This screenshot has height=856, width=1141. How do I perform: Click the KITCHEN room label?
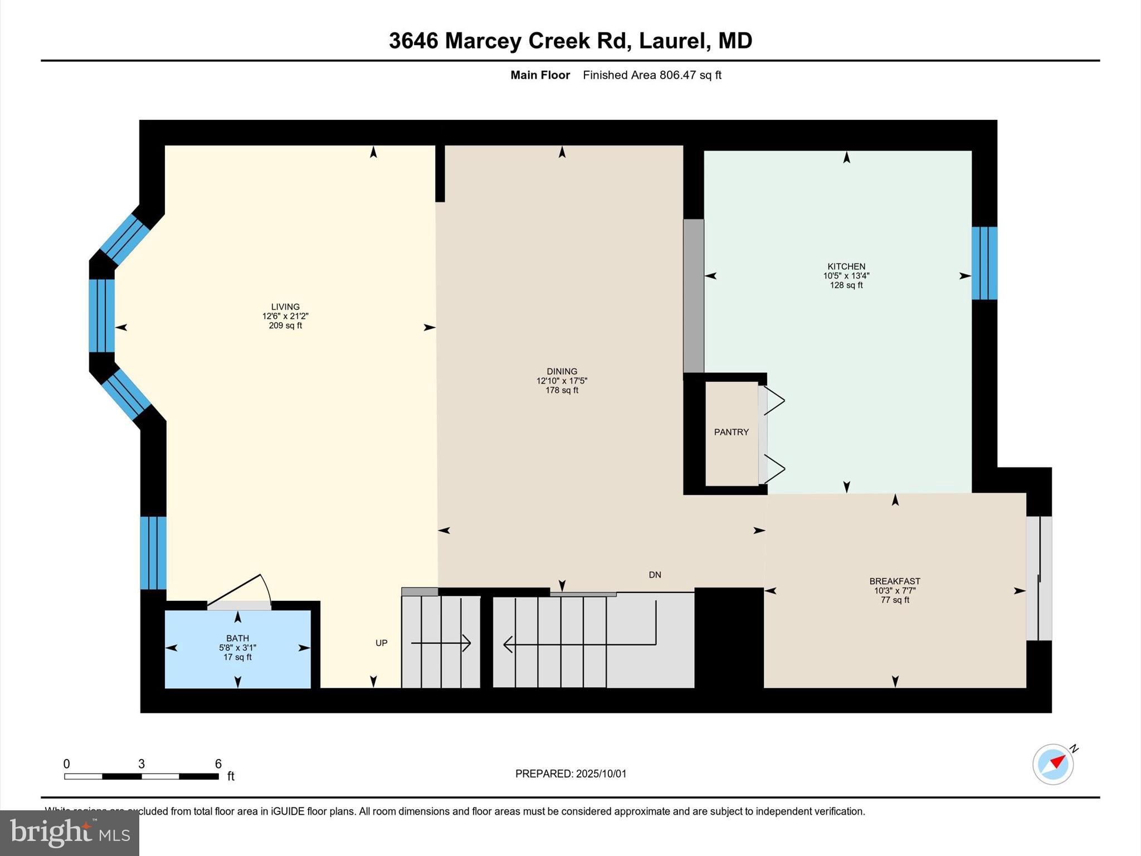tap(846, 266)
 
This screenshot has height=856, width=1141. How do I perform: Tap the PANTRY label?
tap(731, 432)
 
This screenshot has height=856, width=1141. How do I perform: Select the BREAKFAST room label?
tap(894, 581)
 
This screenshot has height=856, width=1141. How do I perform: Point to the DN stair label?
tap(655, 575)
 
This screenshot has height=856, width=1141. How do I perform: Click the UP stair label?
tap(381, 643)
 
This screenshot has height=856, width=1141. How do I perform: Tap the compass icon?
tap(1052, 764)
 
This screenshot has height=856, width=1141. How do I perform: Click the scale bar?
tap(142, 776)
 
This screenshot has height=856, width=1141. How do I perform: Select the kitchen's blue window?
tap(984, 262)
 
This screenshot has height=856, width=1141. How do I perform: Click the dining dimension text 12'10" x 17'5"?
tap(562, 381)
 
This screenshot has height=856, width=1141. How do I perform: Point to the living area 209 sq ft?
tap(285, 325)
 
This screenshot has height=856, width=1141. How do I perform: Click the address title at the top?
tap(570, 41)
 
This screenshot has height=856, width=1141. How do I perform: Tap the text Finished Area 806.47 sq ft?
tap(652, 75)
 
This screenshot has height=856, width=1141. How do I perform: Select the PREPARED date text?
tap(570, 774)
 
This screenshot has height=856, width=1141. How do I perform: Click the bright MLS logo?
tap(70, 833)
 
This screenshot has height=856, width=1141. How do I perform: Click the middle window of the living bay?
tap(102, 315)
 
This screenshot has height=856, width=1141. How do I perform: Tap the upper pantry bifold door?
tap(773, 400)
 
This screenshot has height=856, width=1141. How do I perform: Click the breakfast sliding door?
tap(1039, 578)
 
